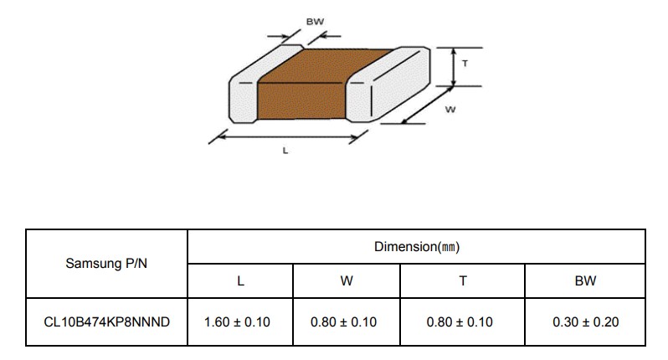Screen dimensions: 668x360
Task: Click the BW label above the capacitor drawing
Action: [315, 21]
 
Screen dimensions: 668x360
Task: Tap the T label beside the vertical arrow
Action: [465, 64]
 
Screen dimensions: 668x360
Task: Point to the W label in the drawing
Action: [450, 110]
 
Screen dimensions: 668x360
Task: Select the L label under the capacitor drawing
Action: [285, 151]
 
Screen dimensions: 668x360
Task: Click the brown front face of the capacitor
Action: [301, 101]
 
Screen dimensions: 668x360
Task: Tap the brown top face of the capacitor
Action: [325, 66]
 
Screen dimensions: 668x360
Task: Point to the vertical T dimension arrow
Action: [455, 67]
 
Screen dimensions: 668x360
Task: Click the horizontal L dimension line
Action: [289, 136]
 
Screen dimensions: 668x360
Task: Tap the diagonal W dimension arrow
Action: [427, 105]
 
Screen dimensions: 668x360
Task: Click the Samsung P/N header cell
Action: [106, 264]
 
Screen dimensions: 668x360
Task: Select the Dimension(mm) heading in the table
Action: [417, 247]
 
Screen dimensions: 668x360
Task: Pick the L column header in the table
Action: [240, 280]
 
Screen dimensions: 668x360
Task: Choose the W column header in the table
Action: [347, 280]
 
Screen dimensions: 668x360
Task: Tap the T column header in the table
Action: [463, 280]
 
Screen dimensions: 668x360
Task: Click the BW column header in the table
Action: [585, 280]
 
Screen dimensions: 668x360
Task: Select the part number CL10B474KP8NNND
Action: [106, 322]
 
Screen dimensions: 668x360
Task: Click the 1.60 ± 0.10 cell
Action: [237, 322]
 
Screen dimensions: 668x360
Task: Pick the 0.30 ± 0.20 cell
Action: [585, 322]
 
